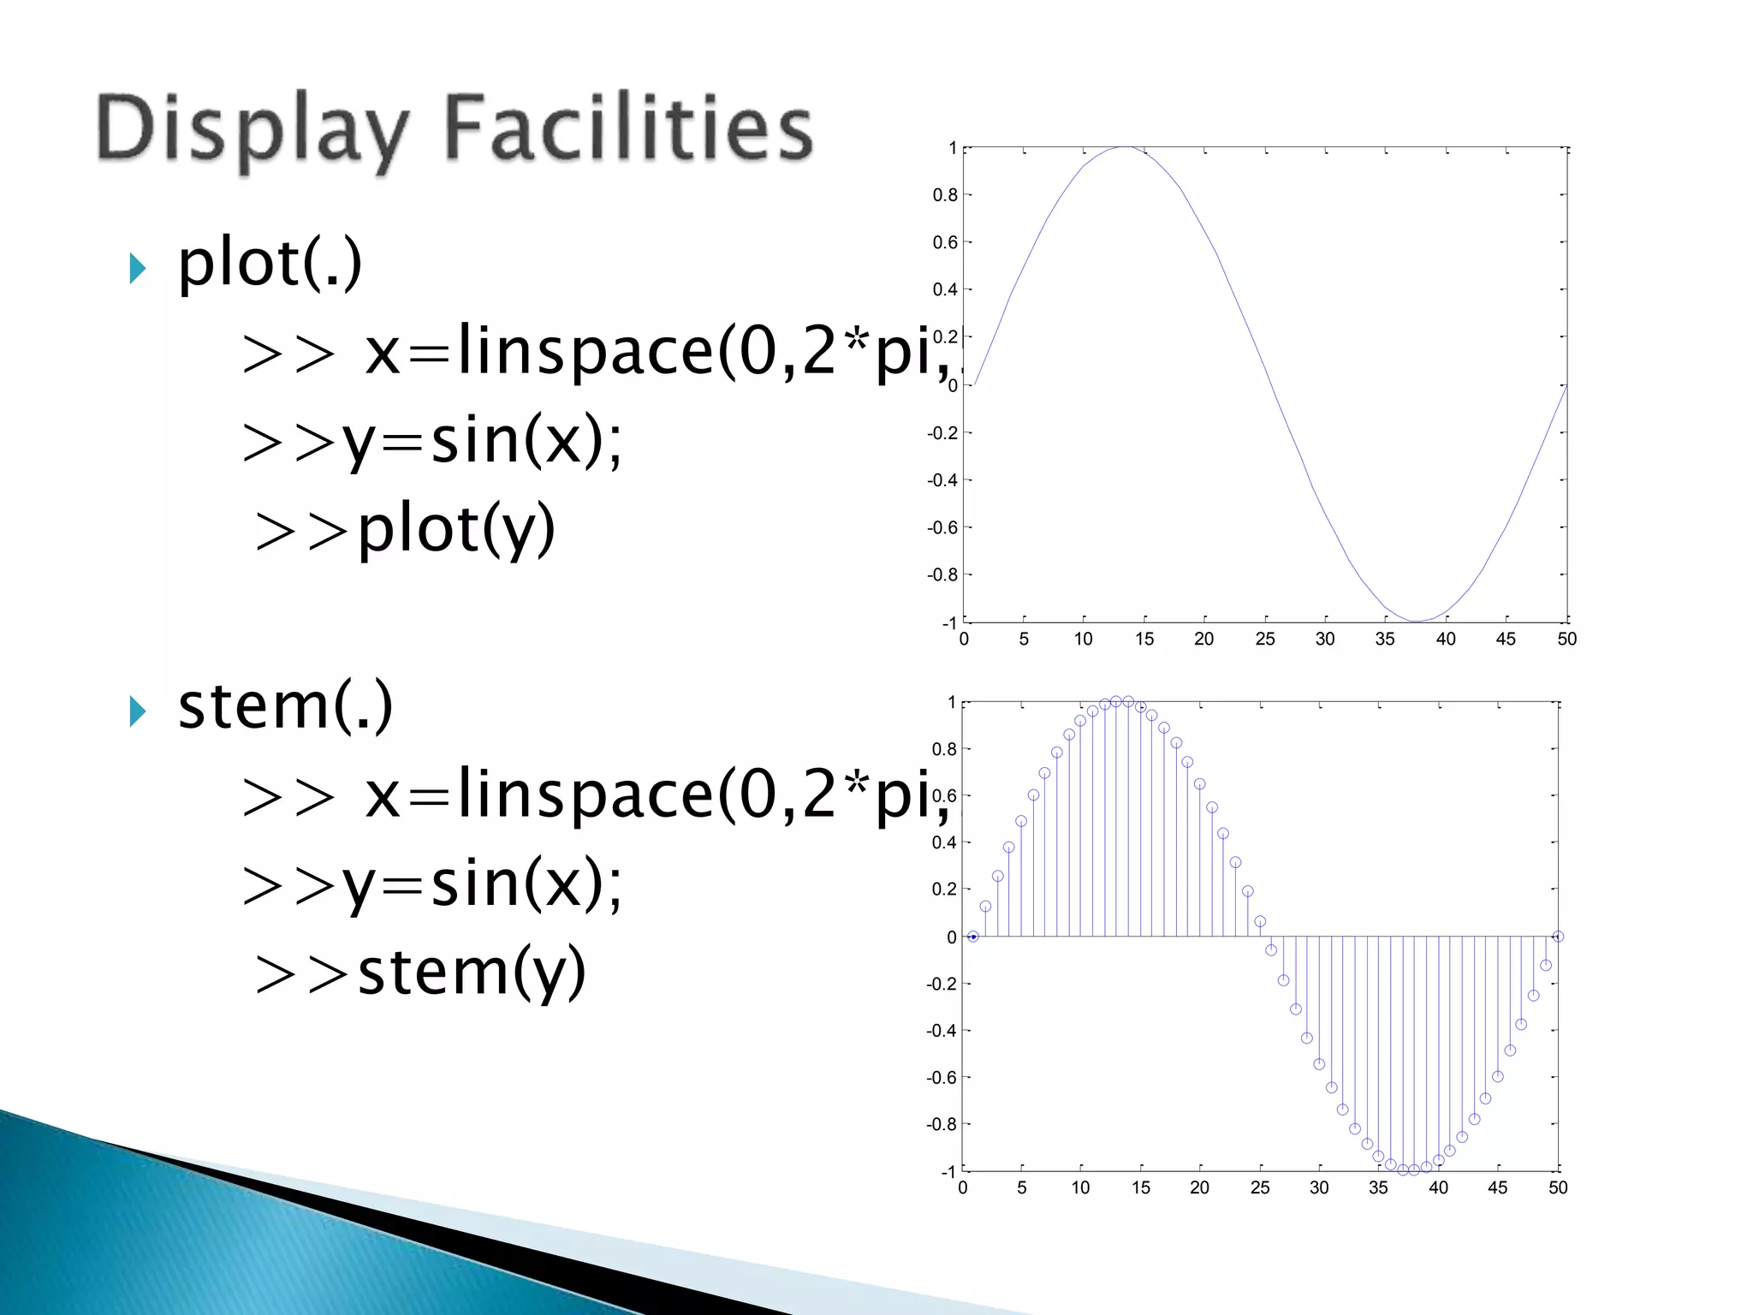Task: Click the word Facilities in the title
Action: pos(628,128)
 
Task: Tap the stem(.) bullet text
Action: pos(285,706)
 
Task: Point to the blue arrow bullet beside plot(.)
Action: pos(138,268)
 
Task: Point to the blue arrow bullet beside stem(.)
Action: pos(138,711)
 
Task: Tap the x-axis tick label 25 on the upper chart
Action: pos(1264,640)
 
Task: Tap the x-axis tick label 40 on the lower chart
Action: pos(1438,1188)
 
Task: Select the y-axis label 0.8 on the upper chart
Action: pos(945,195)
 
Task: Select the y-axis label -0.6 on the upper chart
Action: pos(942,527)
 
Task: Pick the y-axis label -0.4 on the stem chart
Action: pos(942,1031)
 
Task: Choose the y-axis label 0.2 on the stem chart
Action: pos(944,890)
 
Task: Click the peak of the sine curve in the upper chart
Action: pos(1125,147)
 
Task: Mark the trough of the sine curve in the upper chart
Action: pos(1415,621)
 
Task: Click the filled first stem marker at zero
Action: pos(973,937)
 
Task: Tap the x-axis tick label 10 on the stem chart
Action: pos(1081,1188)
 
